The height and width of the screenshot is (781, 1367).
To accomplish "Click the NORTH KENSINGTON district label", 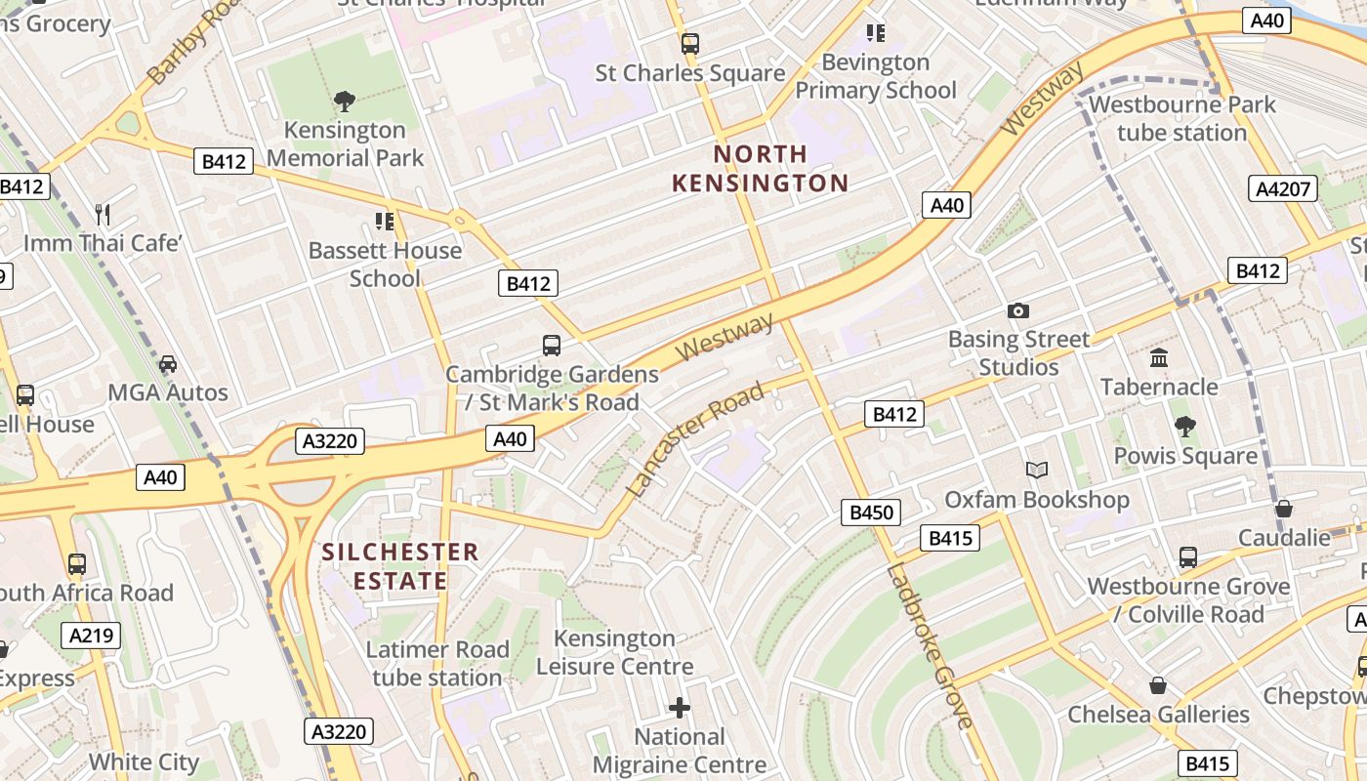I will click(760, 168).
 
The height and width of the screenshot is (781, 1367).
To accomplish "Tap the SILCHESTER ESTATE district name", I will click(400, 566).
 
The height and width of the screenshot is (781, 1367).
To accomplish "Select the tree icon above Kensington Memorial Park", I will click(344, 101).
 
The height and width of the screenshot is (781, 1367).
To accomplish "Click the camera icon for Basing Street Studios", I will click(1017, 311).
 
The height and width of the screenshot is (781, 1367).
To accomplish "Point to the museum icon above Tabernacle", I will click(1159, 358).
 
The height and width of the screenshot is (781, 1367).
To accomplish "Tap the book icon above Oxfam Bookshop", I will click(1036, 471).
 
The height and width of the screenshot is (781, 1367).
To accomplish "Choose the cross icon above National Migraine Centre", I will click(680, 707).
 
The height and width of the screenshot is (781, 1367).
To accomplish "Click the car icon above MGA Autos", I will click(168, 364).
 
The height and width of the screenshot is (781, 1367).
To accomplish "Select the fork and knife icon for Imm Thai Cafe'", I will click(103, 214).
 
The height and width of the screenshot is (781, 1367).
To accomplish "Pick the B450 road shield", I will click(871, 513).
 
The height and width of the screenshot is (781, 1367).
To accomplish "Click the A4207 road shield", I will click(1282, 188).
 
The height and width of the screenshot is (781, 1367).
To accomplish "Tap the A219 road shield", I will click(92, 636).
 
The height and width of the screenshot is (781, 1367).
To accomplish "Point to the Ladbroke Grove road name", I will click(931, 644).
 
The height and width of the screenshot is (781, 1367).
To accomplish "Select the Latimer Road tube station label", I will click(437, 663).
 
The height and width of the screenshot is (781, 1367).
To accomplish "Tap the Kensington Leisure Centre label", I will click(614, 652).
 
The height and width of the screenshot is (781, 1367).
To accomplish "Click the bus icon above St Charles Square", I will click(690, 44).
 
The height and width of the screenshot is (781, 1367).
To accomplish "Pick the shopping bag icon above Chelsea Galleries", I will click(1157, 685).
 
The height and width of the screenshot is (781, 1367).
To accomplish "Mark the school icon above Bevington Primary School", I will click(875, 33).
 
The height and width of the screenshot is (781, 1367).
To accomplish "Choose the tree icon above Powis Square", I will click(1184, 427).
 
